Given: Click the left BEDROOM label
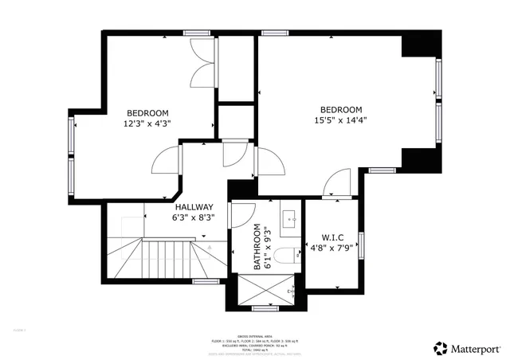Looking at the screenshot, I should pos(147,112).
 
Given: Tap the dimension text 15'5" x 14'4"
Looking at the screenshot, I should pos(340,121).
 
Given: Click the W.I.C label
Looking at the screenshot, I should pos(332,237).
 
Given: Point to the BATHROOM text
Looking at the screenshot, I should pos(258,248).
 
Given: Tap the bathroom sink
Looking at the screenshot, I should pos(290,216).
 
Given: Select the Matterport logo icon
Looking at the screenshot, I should pos(440,347).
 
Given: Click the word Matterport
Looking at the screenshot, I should pos(477,347).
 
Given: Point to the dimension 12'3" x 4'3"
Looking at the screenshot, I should pos(147,123).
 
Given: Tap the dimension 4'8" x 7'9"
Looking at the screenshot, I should pos(332,248).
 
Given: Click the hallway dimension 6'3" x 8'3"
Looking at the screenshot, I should pos(194,217).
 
